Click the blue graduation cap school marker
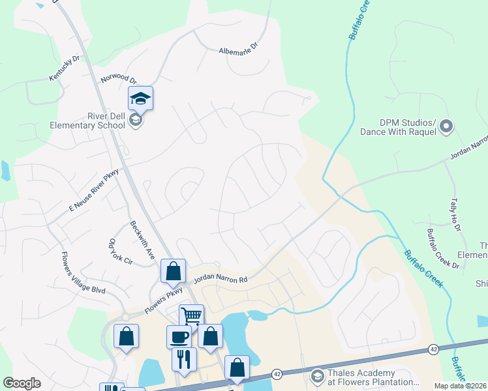tap(140, 98)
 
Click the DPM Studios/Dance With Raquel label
tap(398, 127)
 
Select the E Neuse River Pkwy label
tap(92, 188)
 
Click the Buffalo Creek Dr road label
tap(443, 249)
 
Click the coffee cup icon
tap(179, 337)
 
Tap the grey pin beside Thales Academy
tap(317, 376)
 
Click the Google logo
tap(22, 383)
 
